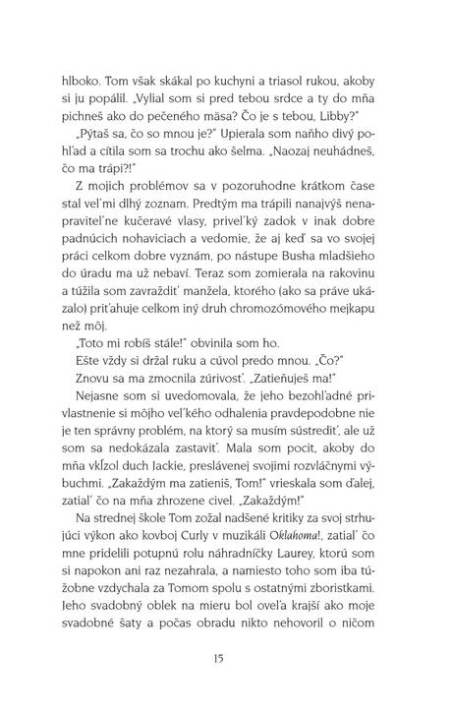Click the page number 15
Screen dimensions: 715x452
tap(226, 658)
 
